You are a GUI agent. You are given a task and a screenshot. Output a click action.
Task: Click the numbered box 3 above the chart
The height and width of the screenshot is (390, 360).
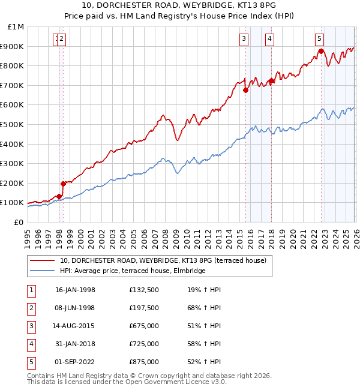(244, 39)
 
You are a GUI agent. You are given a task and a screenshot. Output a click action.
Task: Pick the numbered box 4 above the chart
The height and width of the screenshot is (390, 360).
(270, 39)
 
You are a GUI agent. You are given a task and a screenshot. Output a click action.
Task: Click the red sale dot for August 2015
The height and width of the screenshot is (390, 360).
(245, 91)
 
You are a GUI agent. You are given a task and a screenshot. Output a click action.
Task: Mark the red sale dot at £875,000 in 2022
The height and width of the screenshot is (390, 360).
(321, 52)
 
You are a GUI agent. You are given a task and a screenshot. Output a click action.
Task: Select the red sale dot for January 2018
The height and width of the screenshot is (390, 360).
(271, 81)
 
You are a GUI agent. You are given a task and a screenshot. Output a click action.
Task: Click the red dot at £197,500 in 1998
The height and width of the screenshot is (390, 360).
(63, 184)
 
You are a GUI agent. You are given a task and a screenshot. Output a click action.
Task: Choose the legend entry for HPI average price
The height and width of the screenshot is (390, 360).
(132, 271)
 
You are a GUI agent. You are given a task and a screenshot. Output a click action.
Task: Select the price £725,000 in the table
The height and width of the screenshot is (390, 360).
(143, 344)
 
